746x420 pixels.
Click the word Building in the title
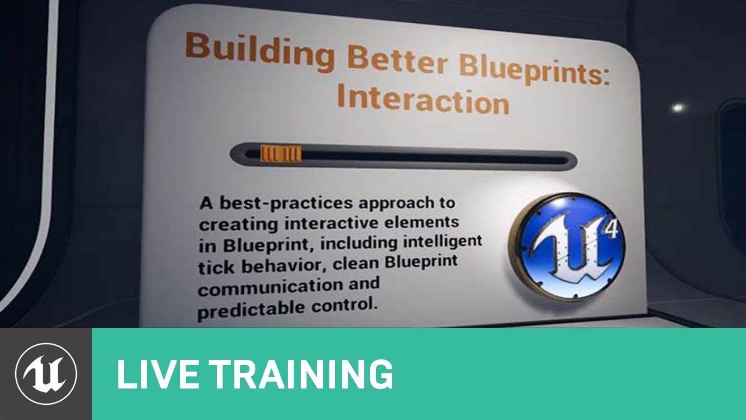(x=260, y=52)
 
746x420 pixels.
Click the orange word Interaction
(x=423, y=99)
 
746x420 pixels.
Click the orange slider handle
(x=281, y=153)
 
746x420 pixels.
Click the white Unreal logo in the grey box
(x=46, y=374)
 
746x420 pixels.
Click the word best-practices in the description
(x=286, y=203)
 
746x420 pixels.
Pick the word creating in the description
(x=238, y=225)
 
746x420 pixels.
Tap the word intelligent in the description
(x=442, y=242)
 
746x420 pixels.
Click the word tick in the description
(x=216, y=267)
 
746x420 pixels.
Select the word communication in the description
(x=270, y=288)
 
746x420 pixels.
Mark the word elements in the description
(x=423, y=222)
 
